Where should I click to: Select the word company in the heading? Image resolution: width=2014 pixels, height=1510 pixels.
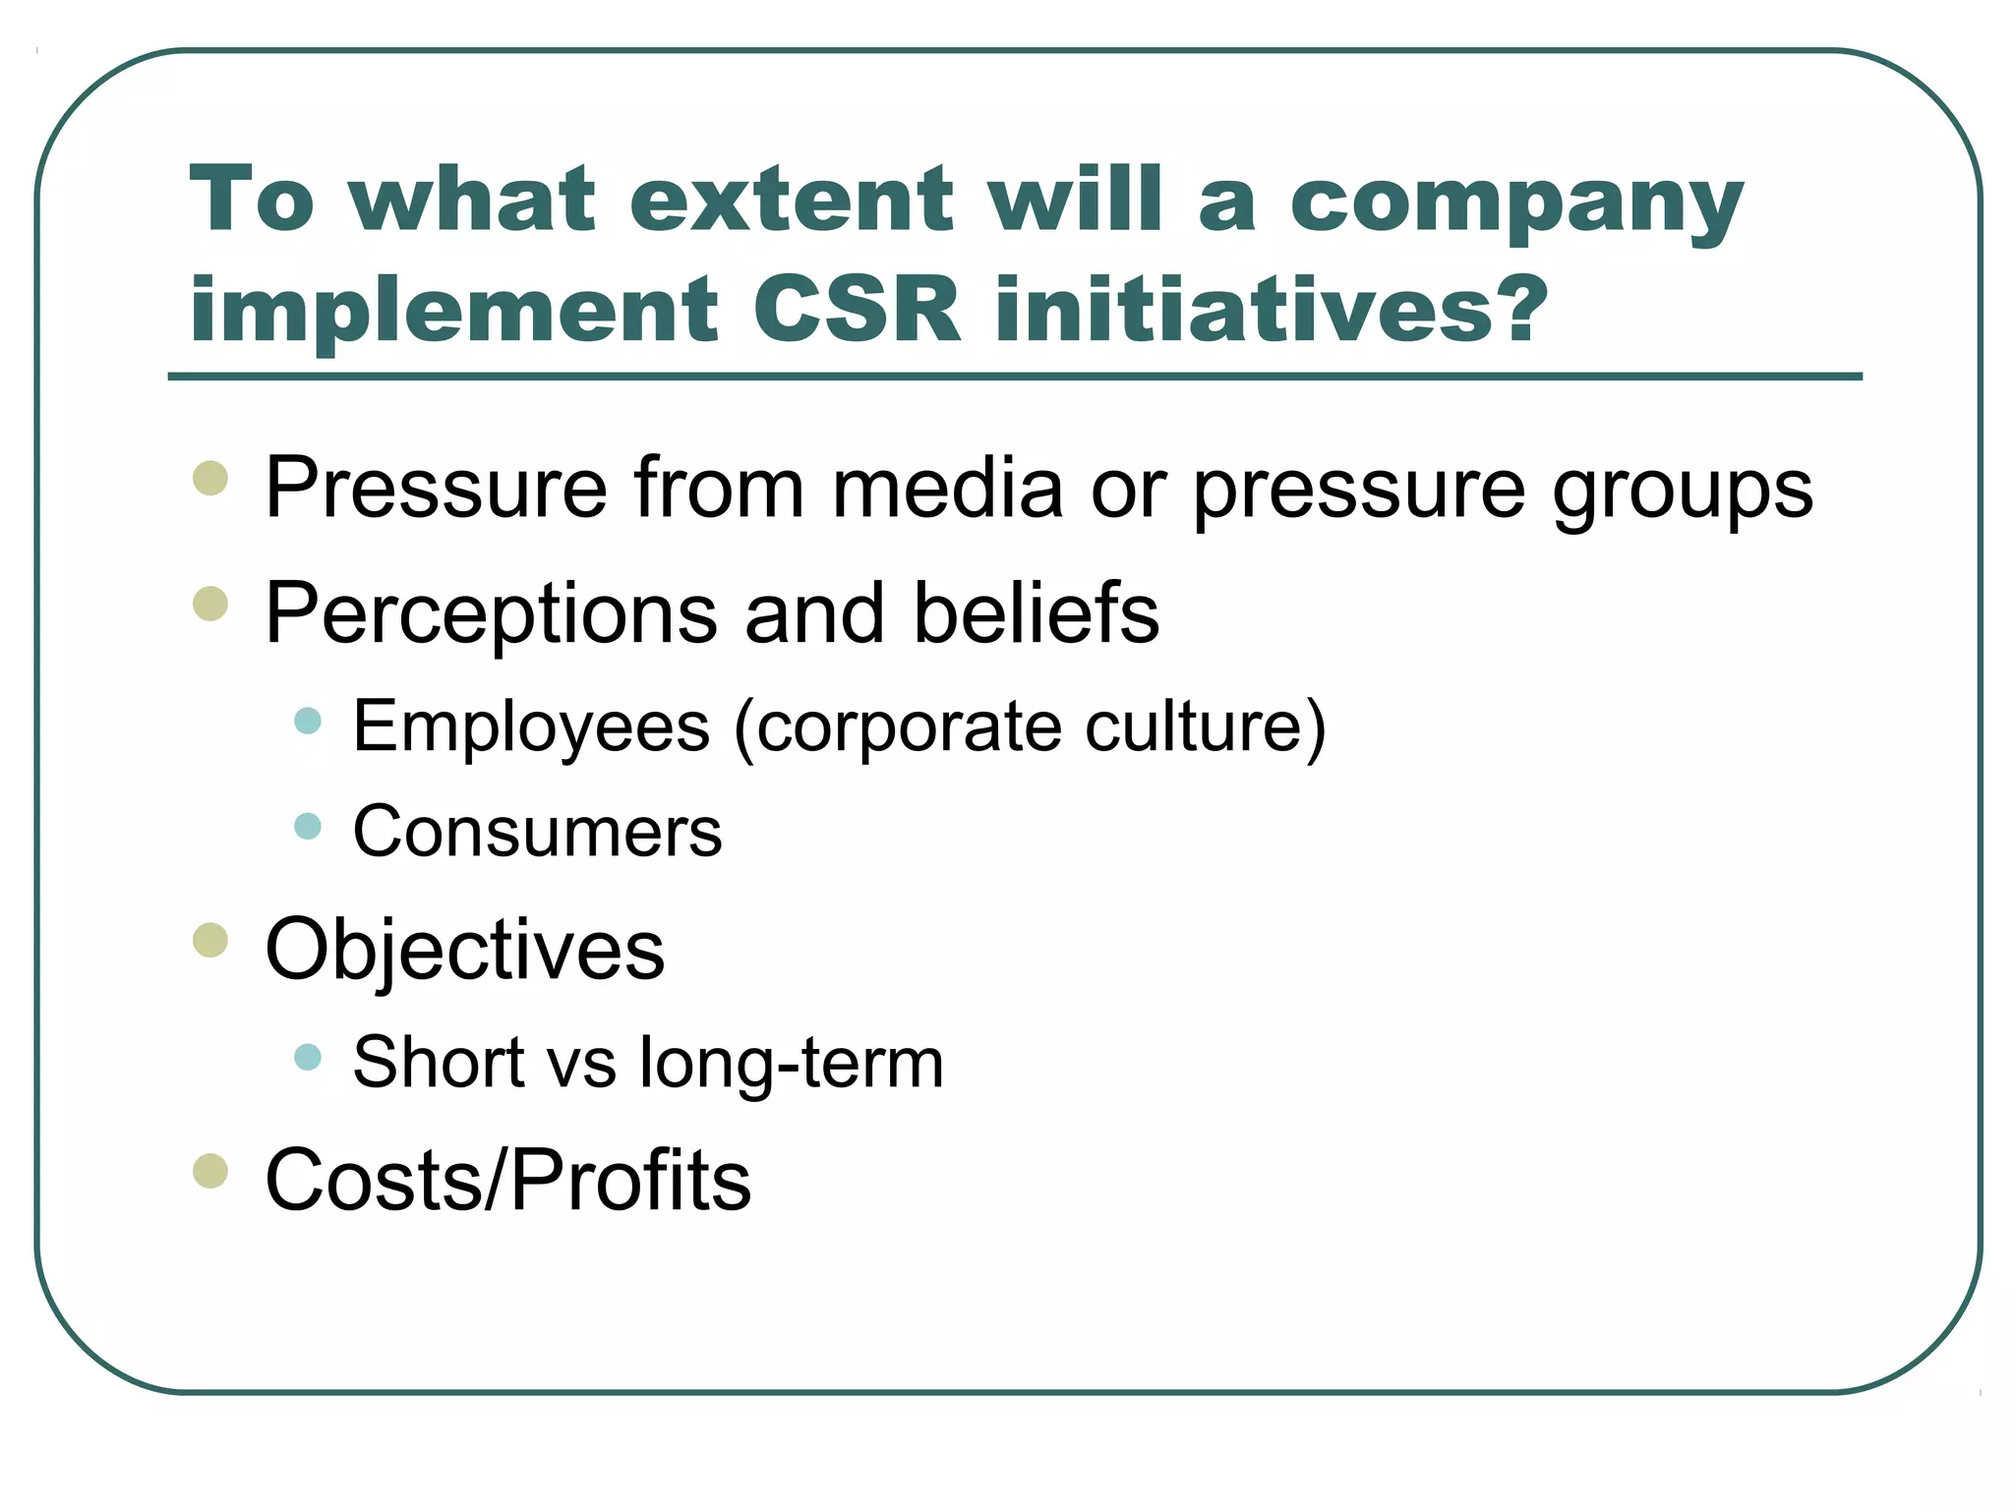[1515, 202]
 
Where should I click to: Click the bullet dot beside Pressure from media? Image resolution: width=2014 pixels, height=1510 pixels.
[210, 479]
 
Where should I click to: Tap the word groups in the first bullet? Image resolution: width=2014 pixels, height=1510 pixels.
[1683, 491]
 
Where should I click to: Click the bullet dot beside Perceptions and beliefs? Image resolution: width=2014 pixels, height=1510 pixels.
[210, 604]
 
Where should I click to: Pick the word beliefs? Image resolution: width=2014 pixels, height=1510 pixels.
[1037, 612]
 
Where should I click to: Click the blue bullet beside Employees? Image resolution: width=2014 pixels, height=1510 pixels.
[308, 721]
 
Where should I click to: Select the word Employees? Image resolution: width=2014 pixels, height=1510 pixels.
[531, 727]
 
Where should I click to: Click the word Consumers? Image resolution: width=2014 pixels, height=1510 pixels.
[537, 832]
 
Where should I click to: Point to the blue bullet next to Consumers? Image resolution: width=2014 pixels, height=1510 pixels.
[308, 825]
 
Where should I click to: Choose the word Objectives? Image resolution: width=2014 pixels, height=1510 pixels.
[464, 950]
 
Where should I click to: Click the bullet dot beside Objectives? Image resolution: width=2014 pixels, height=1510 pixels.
[210, 940]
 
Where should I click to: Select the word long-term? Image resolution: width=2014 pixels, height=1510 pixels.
[791, 1064]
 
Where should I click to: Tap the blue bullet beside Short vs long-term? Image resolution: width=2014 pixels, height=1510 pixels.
[308, 1057]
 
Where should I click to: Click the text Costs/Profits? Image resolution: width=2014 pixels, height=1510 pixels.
[507, 1179]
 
